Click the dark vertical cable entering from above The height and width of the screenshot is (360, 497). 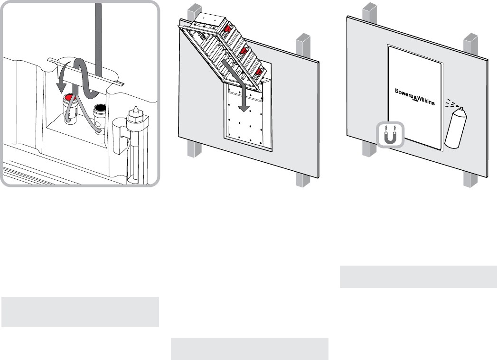99,28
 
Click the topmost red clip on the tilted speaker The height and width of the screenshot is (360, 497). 228,29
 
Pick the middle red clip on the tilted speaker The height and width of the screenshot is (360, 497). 243,50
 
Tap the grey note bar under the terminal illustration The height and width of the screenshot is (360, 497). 80,312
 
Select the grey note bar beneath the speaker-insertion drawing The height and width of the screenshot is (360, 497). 250,349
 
